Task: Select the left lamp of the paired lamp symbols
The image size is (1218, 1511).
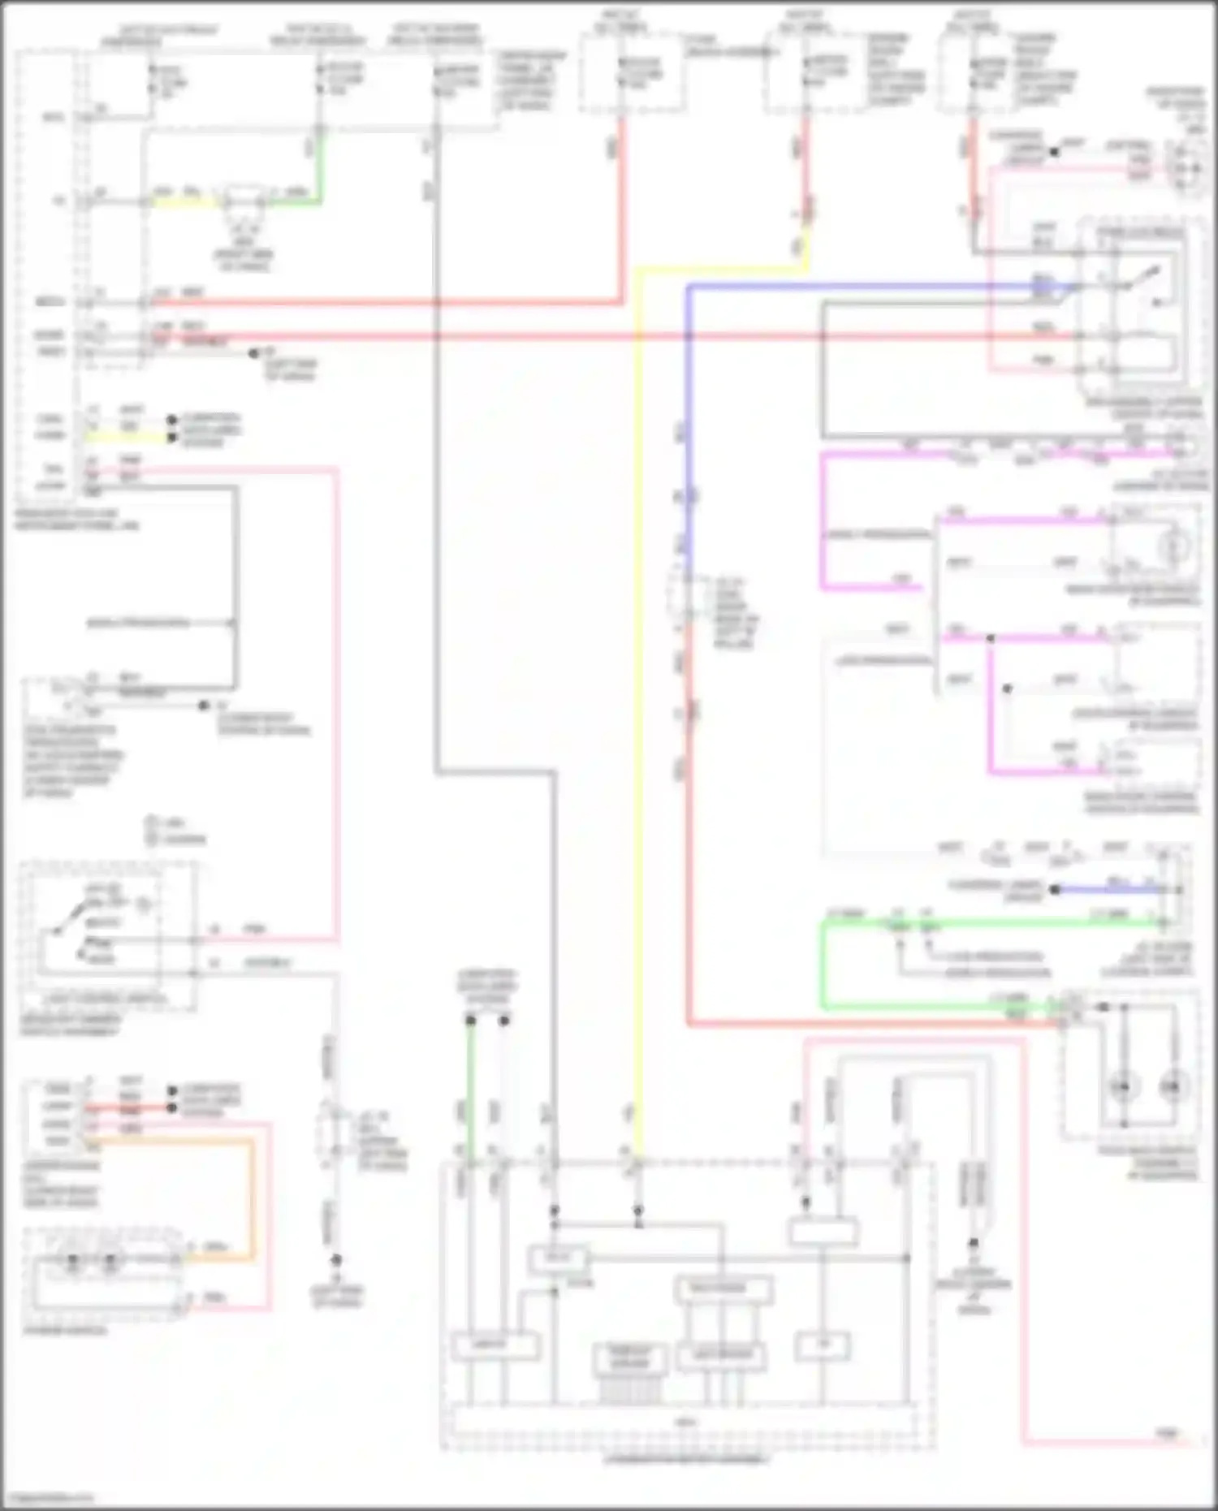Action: pyautogui.click(x=1124, y=1086)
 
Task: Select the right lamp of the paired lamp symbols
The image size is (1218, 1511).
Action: pyautogui.click(x=1173, y=1086)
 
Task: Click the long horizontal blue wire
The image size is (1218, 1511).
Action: pyautogui.click(x=853, y=286)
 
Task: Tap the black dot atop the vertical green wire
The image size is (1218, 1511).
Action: pyautogui.click(x=470, y=1020)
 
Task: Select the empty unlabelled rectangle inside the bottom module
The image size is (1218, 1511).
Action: pyautogui.click(x=823, y=1233)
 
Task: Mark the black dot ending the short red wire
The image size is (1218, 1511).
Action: pyautogui.click(x=171, y=1107)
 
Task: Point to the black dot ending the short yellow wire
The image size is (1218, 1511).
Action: pyautogui.click(x=171, y=438)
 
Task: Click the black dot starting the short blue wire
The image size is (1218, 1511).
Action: pyautogui.click(x=1055, y=890)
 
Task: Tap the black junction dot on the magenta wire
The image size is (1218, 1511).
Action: pyautogui.click(x=990, y=639)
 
